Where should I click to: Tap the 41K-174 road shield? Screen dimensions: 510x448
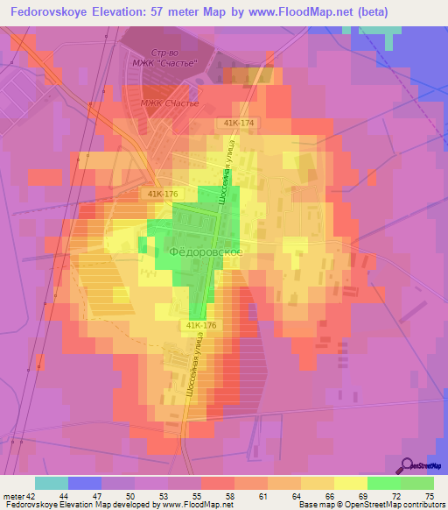238,123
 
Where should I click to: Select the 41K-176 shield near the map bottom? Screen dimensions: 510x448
201,324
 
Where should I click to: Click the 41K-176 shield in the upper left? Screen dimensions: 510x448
162,193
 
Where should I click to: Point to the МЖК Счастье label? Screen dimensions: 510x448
171,103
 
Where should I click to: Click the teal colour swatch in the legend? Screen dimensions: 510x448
52,483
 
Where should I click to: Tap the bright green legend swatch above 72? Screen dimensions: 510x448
384,483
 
